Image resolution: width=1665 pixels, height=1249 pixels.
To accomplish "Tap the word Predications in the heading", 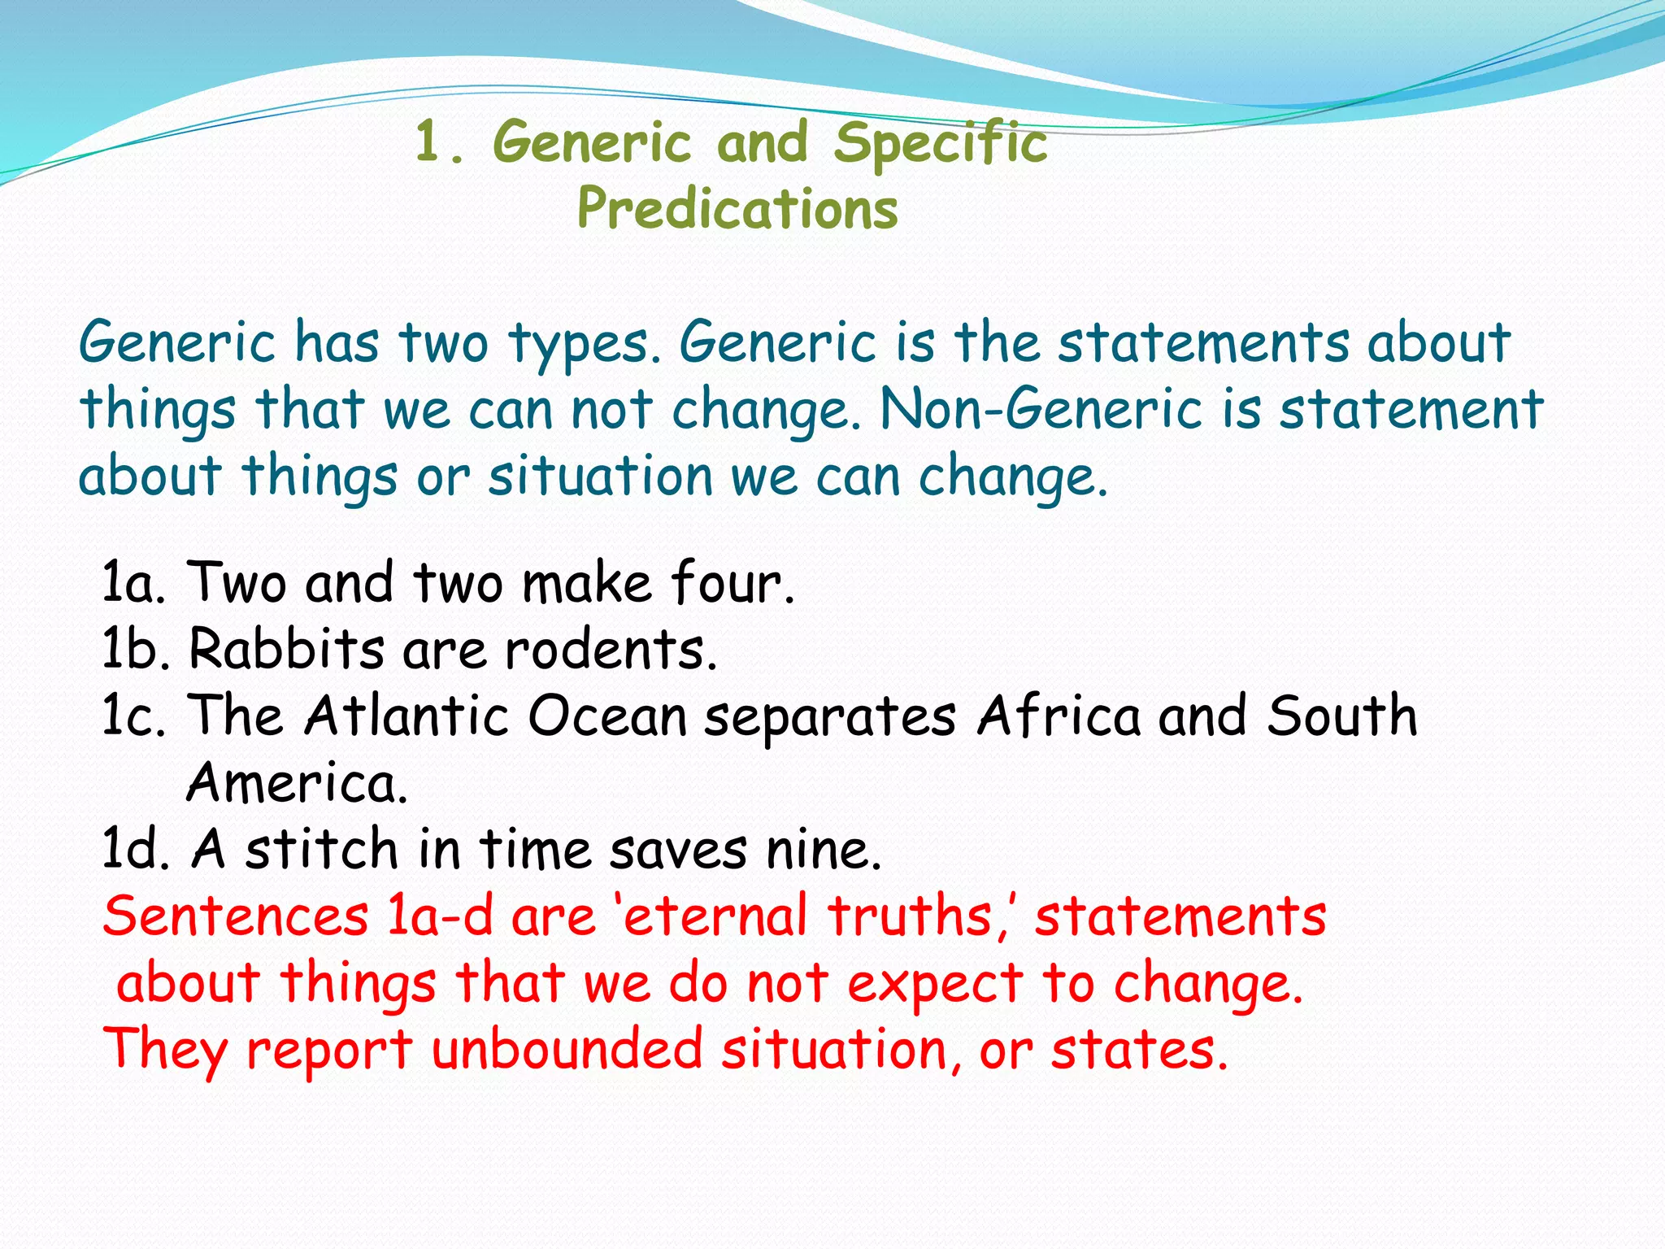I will point(737,209).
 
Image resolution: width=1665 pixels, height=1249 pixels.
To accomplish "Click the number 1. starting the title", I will point(440,143).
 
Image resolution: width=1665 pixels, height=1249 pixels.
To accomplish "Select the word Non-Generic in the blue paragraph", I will point(1041,409).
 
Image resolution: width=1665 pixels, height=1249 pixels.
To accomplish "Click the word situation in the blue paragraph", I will point(600,477).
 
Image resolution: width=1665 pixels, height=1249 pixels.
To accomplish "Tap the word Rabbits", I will point(286,650).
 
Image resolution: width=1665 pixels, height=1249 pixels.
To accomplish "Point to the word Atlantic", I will point(406,716).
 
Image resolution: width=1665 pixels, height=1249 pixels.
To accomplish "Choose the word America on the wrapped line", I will point(297,783).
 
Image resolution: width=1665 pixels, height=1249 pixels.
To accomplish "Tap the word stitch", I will point(321,850).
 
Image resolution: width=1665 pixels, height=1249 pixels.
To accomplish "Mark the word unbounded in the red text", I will point(567,1050).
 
